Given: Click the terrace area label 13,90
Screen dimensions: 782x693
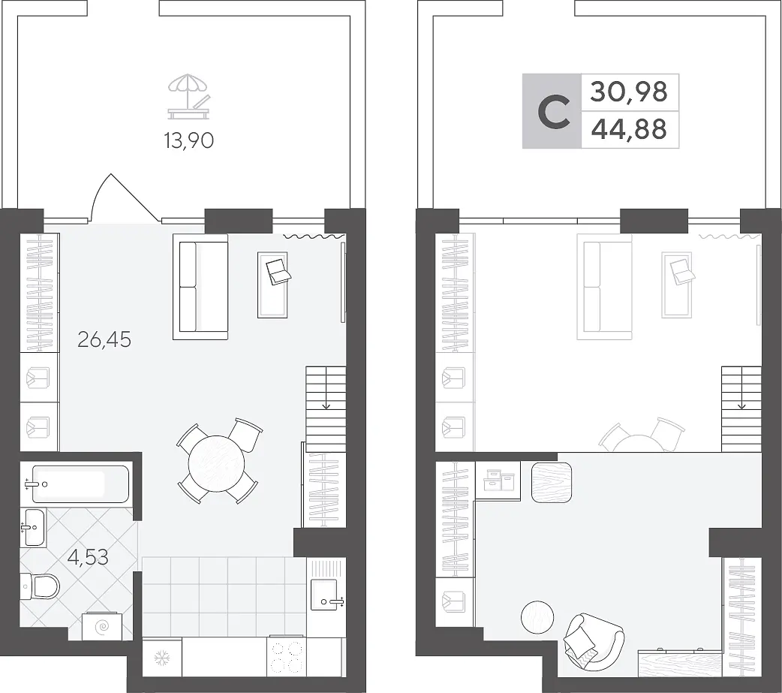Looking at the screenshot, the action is (x=189, y=141).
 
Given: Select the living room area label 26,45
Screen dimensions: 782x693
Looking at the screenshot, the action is (x=104, y=340).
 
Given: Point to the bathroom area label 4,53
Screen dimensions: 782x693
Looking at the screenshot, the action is (x=88, y=557).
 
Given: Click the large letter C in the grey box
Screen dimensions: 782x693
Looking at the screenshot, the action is (x=554, y=113).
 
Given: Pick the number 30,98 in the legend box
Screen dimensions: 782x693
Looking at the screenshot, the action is (x=629, y=92).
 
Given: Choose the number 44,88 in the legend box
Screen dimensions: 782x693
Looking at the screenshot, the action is (x=629, y=129).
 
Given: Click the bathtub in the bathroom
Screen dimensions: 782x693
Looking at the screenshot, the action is (x=80, y=484).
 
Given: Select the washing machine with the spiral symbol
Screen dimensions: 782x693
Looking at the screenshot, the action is (x=102, y=625).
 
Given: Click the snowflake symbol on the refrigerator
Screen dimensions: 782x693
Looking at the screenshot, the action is (x=162, y=658).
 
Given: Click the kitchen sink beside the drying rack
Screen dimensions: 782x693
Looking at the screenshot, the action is (x=327, y=595).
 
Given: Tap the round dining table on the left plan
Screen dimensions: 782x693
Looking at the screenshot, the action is (x=217, y=463).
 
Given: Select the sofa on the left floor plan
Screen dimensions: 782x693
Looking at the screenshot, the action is (x=200, y=287).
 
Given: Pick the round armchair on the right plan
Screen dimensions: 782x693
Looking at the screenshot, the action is (x=594, y=642).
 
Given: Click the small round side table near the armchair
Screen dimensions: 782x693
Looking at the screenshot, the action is (x=537, y=617).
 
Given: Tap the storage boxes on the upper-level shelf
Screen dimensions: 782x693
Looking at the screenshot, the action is (x=499, y=480).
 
